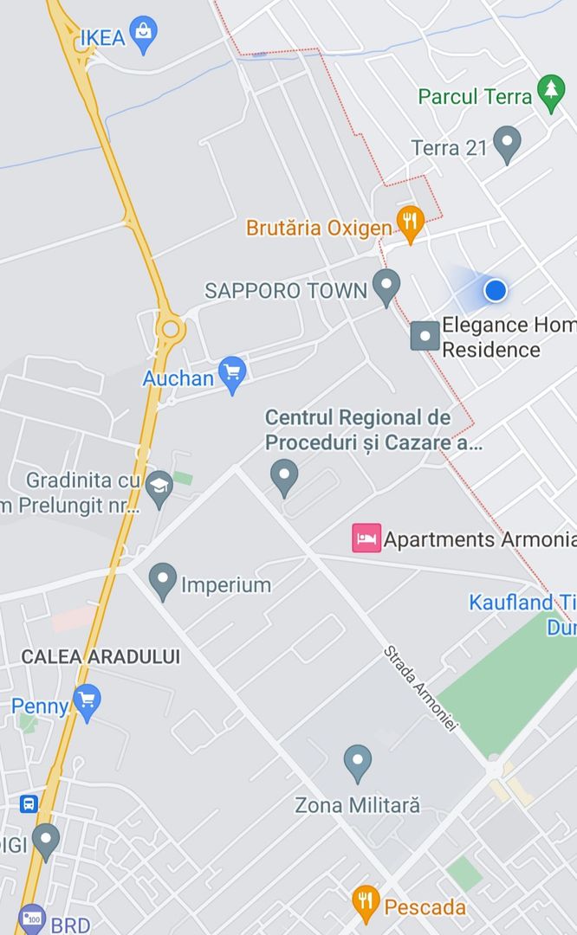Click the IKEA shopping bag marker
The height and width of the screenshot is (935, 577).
(143, 35)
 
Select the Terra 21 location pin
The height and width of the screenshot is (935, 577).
(506, 144)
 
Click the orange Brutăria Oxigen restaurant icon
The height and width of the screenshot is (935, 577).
(411, 223)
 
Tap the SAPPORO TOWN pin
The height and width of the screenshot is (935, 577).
(386, 285)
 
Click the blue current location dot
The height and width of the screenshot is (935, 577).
(495, 290)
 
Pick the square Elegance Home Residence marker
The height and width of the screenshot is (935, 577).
(425, 336)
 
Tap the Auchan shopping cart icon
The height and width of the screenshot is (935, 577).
(231, 373)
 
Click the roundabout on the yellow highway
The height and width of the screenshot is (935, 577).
(171, 328)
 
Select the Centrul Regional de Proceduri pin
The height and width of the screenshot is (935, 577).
(284, 475)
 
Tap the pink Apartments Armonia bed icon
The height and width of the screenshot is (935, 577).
(366, 538)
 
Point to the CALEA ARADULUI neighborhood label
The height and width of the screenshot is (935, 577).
(100, 656)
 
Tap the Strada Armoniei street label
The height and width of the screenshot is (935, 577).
(419, 689)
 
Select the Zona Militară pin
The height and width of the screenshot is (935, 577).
(357, 763)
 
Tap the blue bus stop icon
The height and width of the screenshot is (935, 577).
(29, 803)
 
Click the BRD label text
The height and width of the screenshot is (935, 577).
(70, 925)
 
